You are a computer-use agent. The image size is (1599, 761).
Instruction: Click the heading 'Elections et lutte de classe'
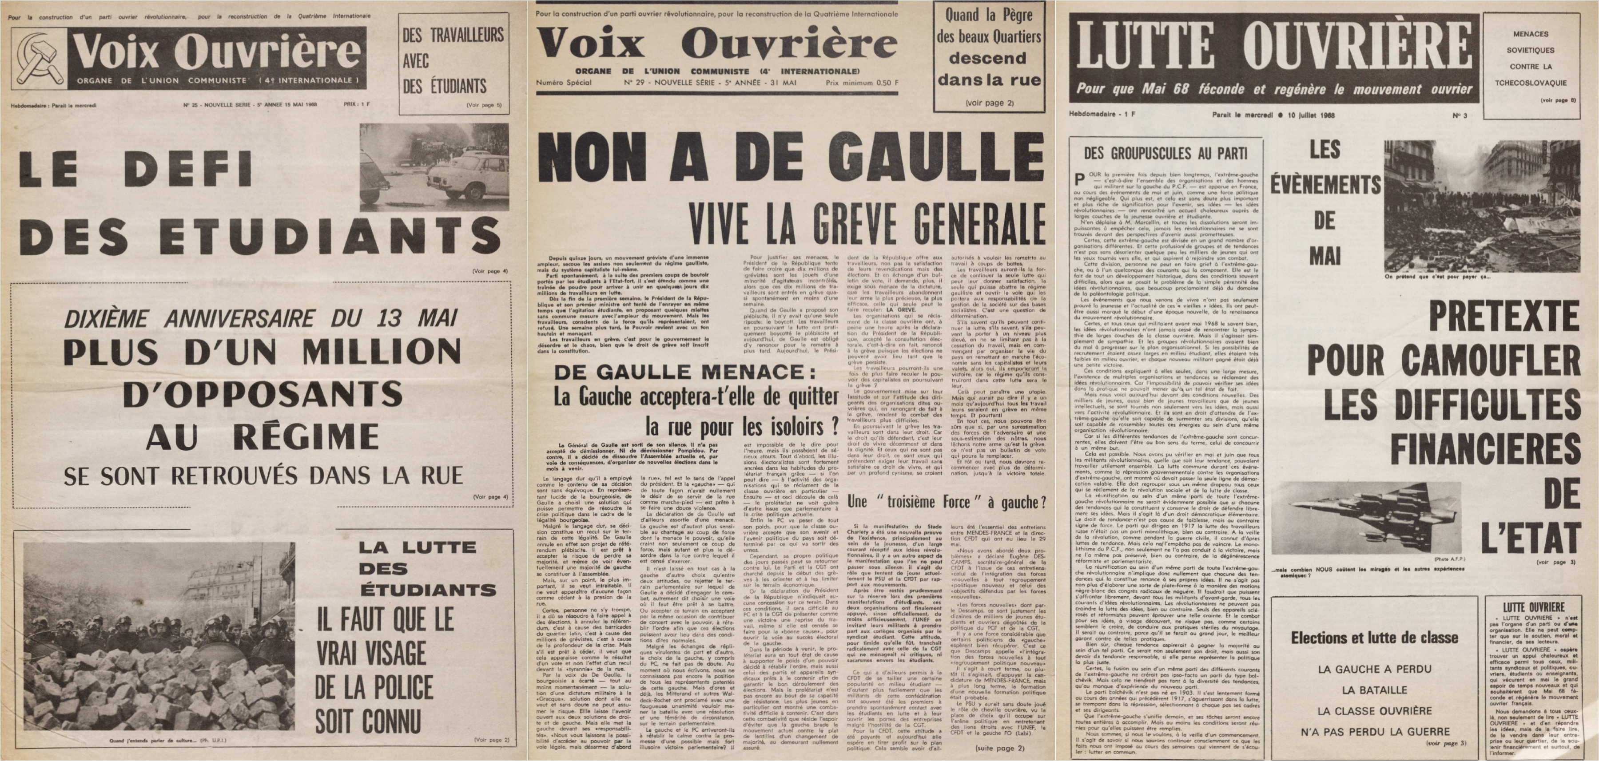click(x=1374, y=638)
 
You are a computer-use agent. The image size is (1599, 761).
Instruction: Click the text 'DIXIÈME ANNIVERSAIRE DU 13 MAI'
click(x=261, y=318)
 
